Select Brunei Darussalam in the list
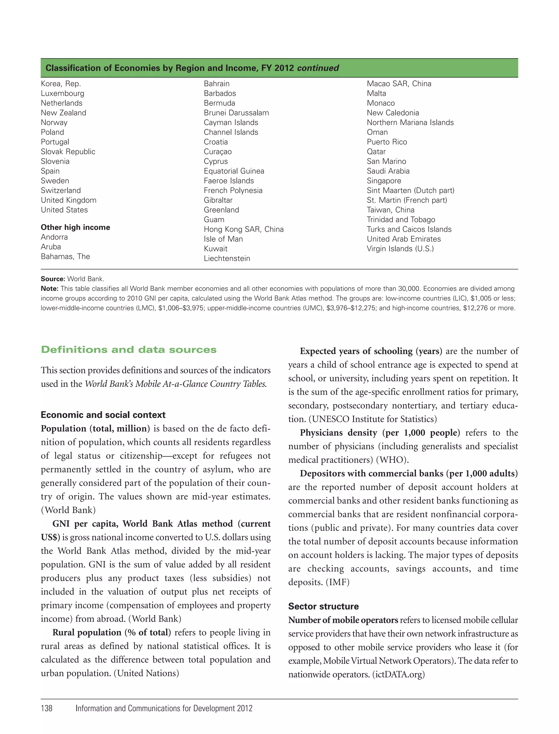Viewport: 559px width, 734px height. [x=236, y=113]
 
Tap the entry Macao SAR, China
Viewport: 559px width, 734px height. [x=399, y=84]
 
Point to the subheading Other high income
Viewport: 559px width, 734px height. [x=75, y=227]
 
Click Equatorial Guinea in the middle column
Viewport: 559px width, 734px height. [x=234, y=171]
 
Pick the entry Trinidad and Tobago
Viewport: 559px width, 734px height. [x=401, y=220]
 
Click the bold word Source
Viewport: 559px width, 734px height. [x=53, y=279]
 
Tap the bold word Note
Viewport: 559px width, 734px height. [x=49, y=289]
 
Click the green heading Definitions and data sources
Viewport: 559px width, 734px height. [x=129, y=350]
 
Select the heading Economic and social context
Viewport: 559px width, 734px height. [x=103, y=415]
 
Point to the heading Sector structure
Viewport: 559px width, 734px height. [x=323, y=606]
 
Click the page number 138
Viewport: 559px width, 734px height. [x=47, y=708]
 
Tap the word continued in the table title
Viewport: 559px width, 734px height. [x=318, y=68]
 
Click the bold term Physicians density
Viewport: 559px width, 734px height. [x=338, y=433]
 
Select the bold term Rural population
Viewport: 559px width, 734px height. [x=87, y=632]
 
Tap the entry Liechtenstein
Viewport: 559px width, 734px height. [x=227, y=259]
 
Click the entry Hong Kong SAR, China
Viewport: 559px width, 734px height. [x=243, y=229]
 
